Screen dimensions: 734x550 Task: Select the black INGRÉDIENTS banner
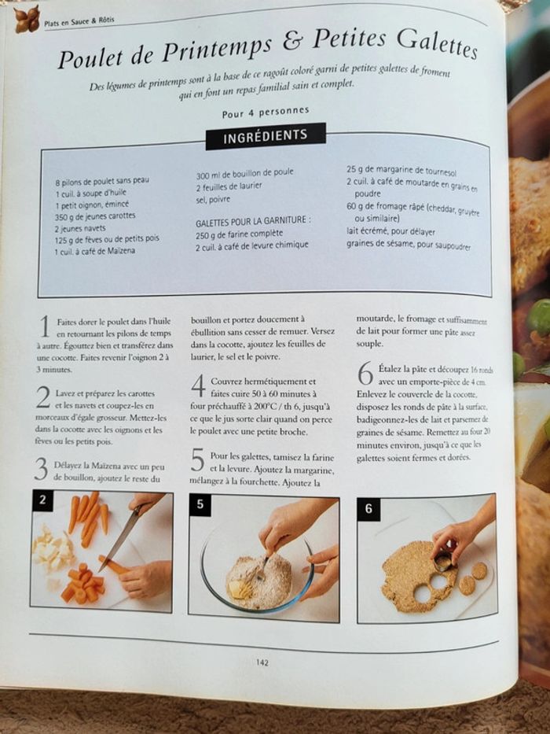click(x=265, y=136)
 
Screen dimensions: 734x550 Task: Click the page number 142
click(x=262, y=662)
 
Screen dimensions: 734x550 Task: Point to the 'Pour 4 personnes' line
click(x=265, y=112)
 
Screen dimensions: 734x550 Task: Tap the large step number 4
click(x=198, y=385)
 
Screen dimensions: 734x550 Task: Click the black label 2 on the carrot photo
click(x=42, y=500)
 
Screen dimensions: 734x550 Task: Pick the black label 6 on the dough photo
click(x=368, y=508)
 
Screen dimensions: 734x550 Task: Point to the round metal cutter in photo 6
click(x=443, y=561)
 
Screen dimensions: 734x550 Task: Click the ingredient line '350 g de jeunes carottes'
click(x=95, y=215)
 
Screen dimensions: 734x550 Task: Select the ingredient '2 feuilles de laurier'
click(x=229, y=186)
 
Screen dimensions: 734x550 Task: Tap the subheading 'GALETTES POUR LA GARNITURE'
click(x=252, y=221)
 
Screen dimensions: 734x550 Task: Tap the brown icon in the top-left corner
click(x=27, y=19)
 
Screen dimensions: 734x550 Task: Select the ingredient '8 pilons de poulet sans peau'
click(x=101, y=180)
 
